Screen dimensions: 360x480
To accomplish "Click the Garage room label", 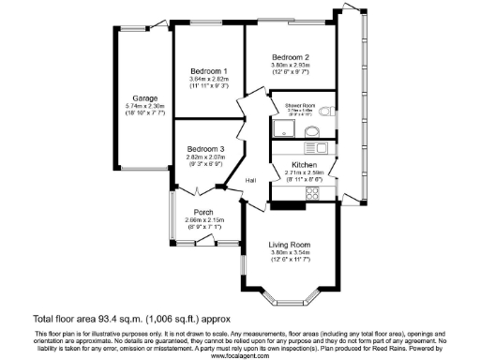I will pyautogui.click(x=144, y=98).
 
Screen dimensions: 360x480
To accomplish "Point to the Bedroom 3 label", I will pyautogui.click(x=205, y=150).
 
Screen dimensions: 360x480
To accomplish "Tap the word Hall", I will pyautogui.click(x=251, y=180).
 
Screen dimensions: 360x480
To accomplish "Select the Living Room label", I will pyautogui.click(x=290, y=244).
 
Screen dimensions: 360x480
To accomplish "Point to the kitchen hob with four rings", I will pyautogui.click(x=320, y=147).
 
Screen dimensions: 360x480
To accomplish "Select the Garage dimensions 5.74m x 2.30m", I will pyautogui.click(x=144, y=106).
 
